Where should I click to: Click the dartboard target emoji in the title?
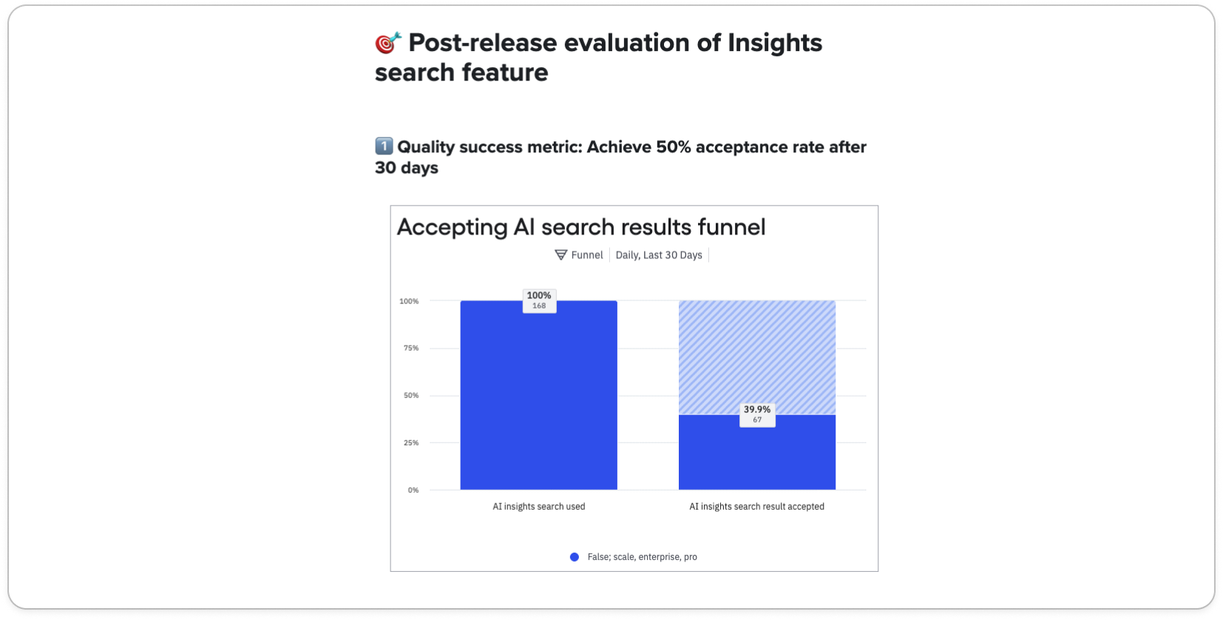point(388,43)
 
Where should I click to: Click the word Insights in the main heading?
point(774,43)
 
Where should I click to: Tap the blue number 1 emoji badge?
point(384,146)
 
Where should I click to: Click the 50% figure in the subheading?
point(673,147)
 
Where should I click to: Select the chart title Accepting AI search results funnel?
point(581,227)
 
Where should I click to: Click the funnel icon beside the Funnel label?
point(561,255)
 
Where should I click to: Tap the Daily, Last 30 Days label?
point(659,255)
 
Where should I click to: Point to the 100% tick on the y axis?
point(409,301)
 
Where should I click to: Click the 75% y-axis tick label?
point(411,348)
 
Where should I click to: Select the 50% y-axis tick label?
point(411,395)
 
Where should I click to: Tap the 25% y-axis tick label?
point(411,442)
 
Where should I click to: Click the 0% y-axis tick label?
point(413,490)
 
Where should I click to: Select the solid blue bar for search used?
point(538,400)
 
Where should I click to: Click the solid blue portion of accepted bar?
point(757,459)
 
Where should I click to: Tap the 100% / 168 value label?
point(539,300)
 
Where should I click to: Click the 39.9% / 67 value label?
point(757,414)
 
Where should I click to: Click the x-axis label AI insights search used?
point(539,507)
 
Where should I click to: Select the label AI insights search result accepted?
point(756,507)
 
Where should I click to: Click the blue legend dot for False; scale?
point(575,557)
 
